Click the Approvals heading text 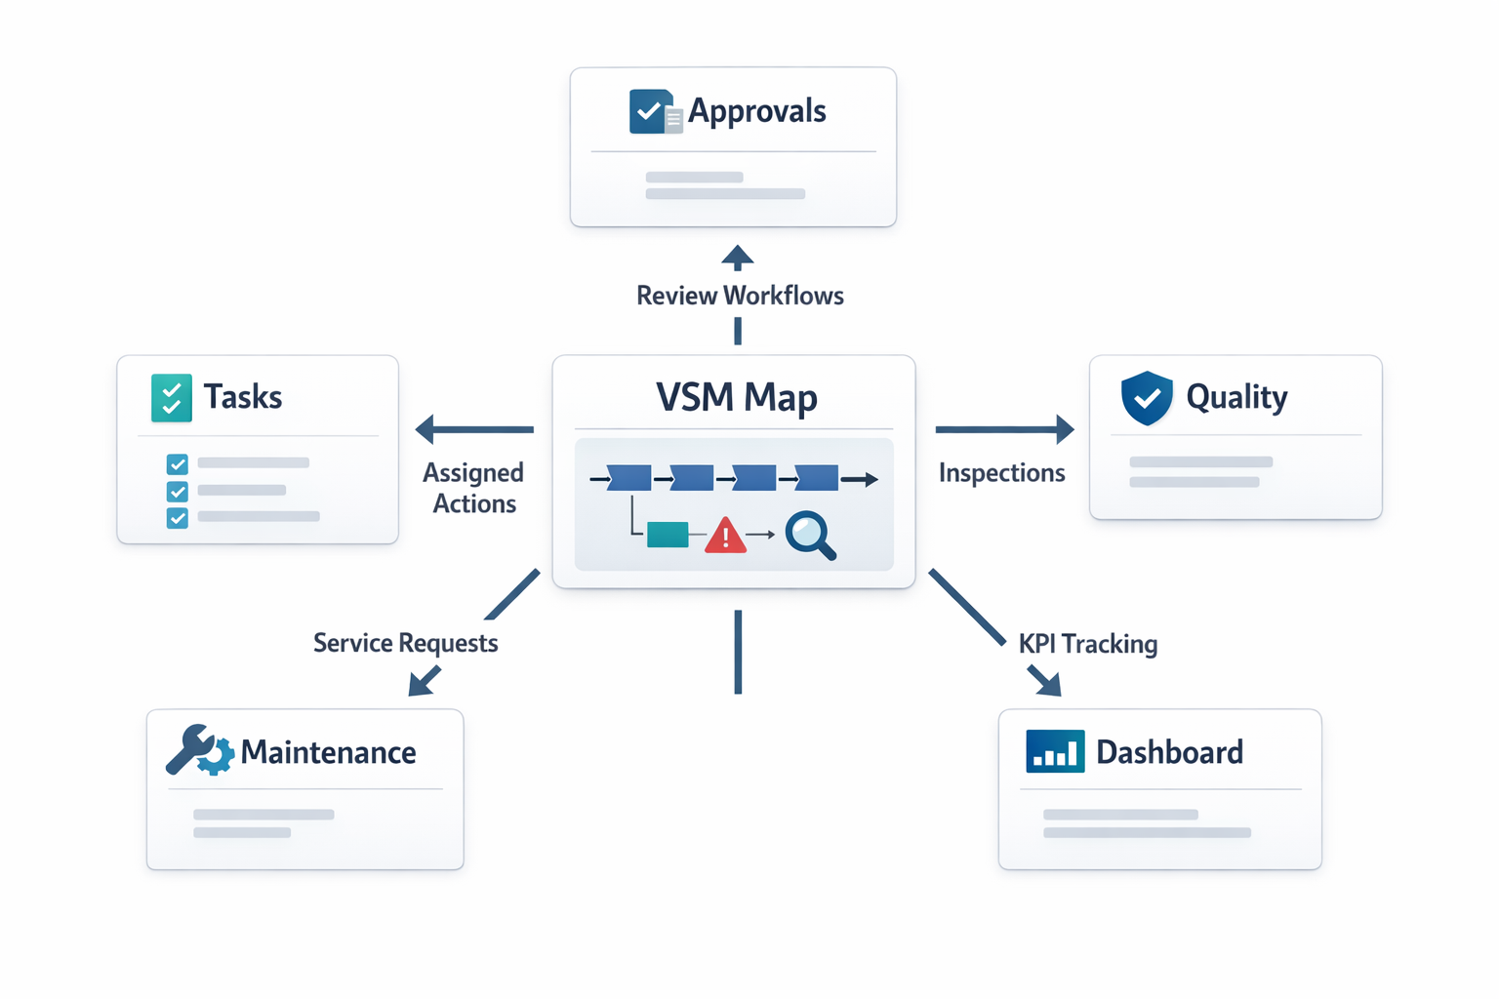[x=756, y=111]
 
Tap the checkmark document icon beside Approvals [x=654, y=111]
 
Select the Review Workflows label [x=740, y=296]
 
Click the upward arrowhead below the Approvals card [x=738, y=258]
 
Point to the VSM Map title [x=737, y=397]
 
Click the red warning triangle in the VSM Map [x=725, y=536]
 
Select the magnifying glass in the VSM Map [x=810, y=535]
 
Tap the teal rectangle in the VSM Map [x=668, y=534]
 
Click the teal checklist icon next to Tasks [x=172, y=397]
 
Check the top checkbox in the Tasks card [x=177, y=463]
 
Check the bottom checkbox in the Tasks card [x=177, y=517]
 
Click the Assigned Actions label [x=473, y=488]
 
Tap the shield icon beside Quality [x=1147, y=397]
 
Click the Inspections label [x=1001, y=473]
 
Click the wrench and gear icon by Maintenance [x=199, y=751]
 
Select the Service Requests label [x=405, y=643]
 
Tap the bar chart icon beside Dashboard [x=1055, y=751]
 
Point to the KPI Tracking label [x=1088, y=644]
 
